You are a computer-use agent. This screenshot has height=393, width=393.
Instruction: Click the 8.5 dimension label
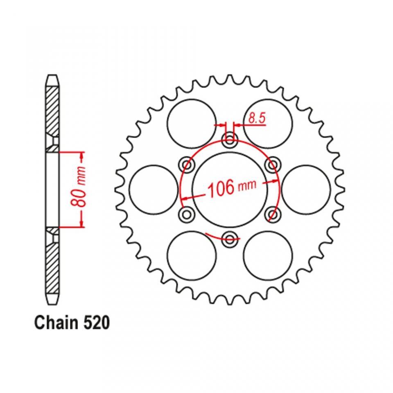click(257, 118)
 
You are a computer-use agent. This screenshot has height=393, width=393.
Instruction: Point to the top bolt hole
click(230, 140)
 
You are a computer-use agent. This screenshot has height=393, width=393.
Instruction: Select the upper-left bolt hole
click(187, 165)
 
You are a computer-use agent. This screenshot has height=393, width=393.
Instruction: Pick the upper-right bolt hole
click(273, 165)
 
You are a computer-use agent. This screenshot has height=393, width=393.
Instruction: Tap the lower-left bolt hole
click(187, 214)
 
